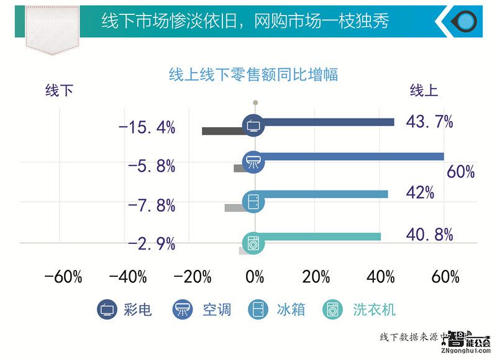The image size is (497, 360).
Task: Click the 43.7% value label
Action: point(429,122)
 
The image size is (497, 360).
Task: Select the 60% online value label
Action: point(460,172)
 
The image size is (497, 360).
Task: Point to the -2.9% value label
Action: point(151,244)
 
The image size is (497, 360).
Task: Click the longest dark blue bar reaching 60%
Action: point(354,156)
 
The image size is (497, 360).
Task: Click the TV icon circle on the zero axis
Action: point(253,124)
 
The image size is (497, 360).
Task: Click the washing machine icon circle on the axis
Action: point(253,241)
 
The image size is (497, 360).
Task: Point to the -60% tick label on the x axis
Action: point(63,277)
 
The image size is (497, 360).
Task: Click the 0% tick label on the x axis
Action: point(255,277)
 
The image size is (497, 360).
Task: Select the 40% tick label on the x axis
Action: point(380,277)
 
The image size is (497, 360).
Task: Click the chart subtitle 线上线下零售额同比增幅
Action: point(253,74)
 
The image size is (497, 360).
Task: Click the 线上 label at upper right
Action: point(424,91)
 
